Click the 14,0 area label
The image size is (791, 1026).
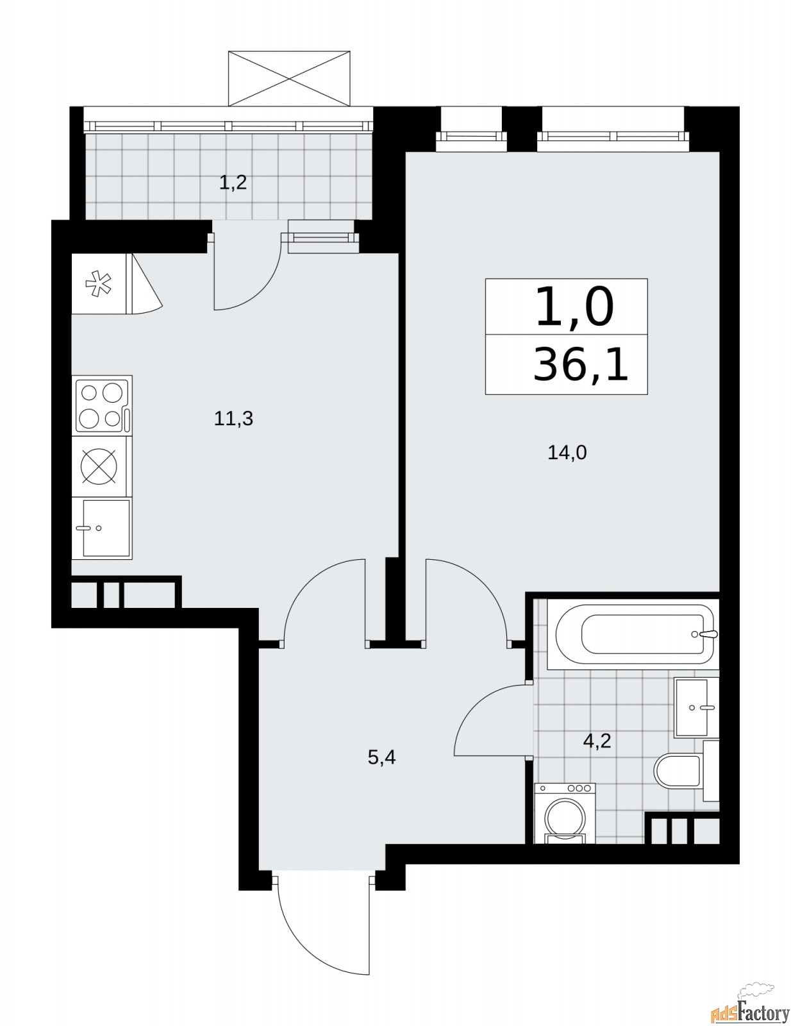567,453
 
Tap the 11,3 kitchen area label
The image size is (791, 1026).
233,419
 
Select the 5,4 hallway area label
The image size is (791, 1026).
381,757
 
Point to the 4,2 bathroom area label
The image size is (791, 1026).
597,741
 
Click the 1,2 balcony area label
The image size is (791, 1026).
233,181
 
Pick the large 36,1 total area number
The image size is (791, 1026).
581,364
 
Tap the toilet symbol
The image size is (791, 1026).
687,771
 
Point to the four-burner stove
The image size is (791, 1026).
102,405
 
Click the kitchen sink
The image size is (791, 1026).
102,528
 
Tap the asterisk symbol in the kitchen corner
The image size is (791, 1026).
99,283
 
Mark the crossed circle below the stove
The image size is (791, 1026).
99,466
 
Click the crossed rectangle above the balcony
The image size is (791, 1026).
289,78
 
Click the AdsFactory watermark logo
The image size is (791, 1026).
751,1009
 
